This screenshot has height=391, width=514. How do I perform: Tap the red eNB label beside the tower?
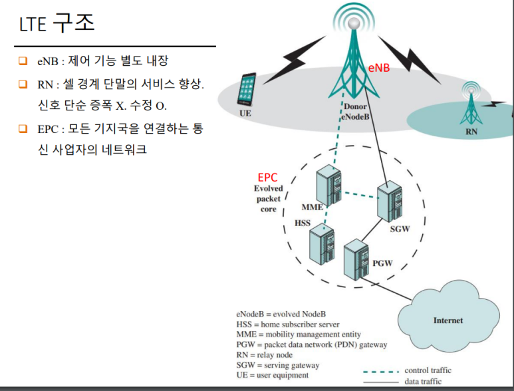click(x=379, y=68)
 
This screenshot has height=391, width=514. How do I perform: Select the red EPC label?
click(x=268, y=178)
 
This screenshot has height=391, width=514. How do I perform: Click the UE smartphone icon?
click(x=247, y=88)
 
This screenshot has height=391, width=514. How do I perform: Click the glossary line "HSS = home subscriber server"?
click(x=288, y=324)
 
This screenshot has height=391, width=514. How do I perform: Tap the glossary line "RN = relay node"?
click(x=265, y=355)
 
